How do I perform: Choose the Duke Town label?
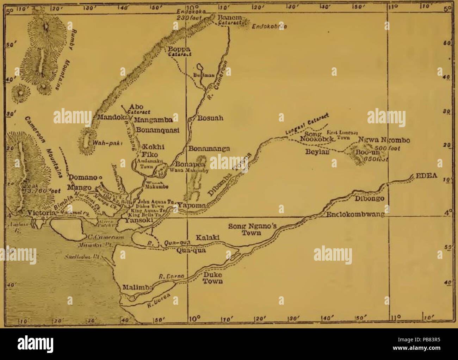point(213,278)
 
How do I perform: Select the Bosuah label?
point(210,118)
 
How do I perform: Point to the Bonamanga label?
point(209,149)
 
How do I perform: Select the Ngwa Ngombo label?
point(384,140)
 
